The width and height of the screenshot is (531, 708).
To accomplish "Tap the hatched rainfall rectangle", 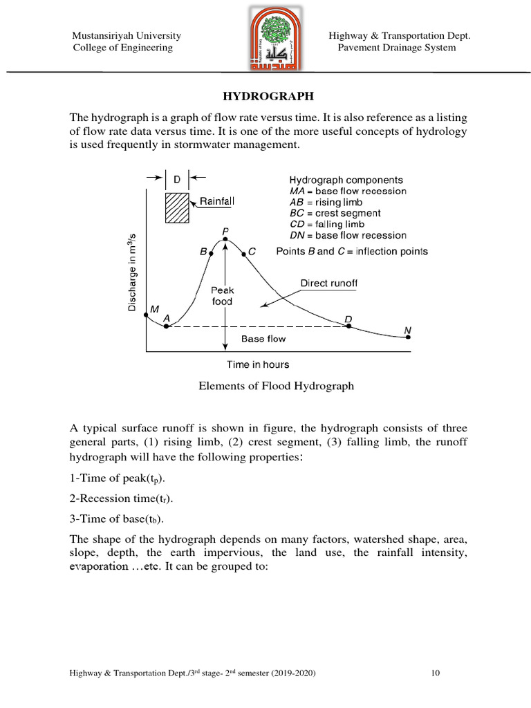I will (x=176, y=207).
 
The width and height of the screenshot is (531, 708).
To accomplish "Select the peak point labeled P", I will (x=225, y=240).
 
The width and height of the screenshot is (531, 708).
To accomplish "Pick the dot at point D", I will (x=348, y=326).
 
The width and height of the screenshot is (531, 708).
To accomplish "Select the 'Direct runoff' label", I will (x=328, y=283).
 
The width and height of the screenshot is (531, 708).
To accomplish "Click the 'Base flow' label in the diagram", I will (x=263, y=339).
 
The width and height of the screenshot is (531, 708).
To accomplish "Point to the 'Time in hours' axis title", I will (x=258, y=364).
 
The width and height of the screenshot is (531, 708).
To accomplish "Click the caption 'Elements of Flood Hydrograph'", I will (x=276, y=386).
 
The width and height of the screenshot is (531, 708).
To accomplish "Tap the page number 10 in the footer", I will (x=436, y=673).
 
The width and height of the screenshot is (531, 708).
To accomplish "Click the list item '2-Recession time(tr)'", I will (x=122, y=499).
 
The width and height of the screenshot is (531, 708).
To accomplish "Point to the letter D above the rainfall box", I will (x=176, y=179).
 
